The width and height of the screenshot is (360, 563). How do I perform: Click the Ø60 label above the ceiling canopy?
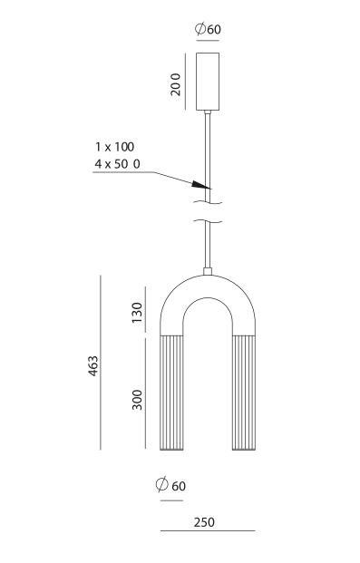(x=208, y=29)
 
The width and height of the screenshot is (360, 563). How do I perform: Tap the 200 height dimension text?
(x=176, y=84)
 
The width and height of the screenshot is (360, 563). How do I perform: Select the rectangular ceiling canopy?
(x=208, y=82)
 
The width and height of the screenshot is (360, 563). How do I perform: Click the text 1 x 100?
(x=114, y=147)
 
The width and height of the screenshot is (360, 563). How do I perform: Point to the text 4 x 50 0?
(x=118, y=164)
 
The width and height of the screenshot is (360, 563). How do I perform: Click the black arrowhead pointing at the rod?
(x=200, y=185)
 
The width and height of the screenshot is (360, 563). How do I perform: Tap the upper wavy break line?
(x=208, y=202)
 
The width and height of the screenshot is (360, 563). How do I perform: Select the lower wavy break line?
(x=208, y=221)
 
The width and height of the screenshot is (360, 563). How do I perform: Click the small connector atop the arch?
(x=208, y=271)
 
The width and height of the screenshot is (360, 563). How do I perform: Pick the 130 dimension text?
(x=137, y=313)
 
